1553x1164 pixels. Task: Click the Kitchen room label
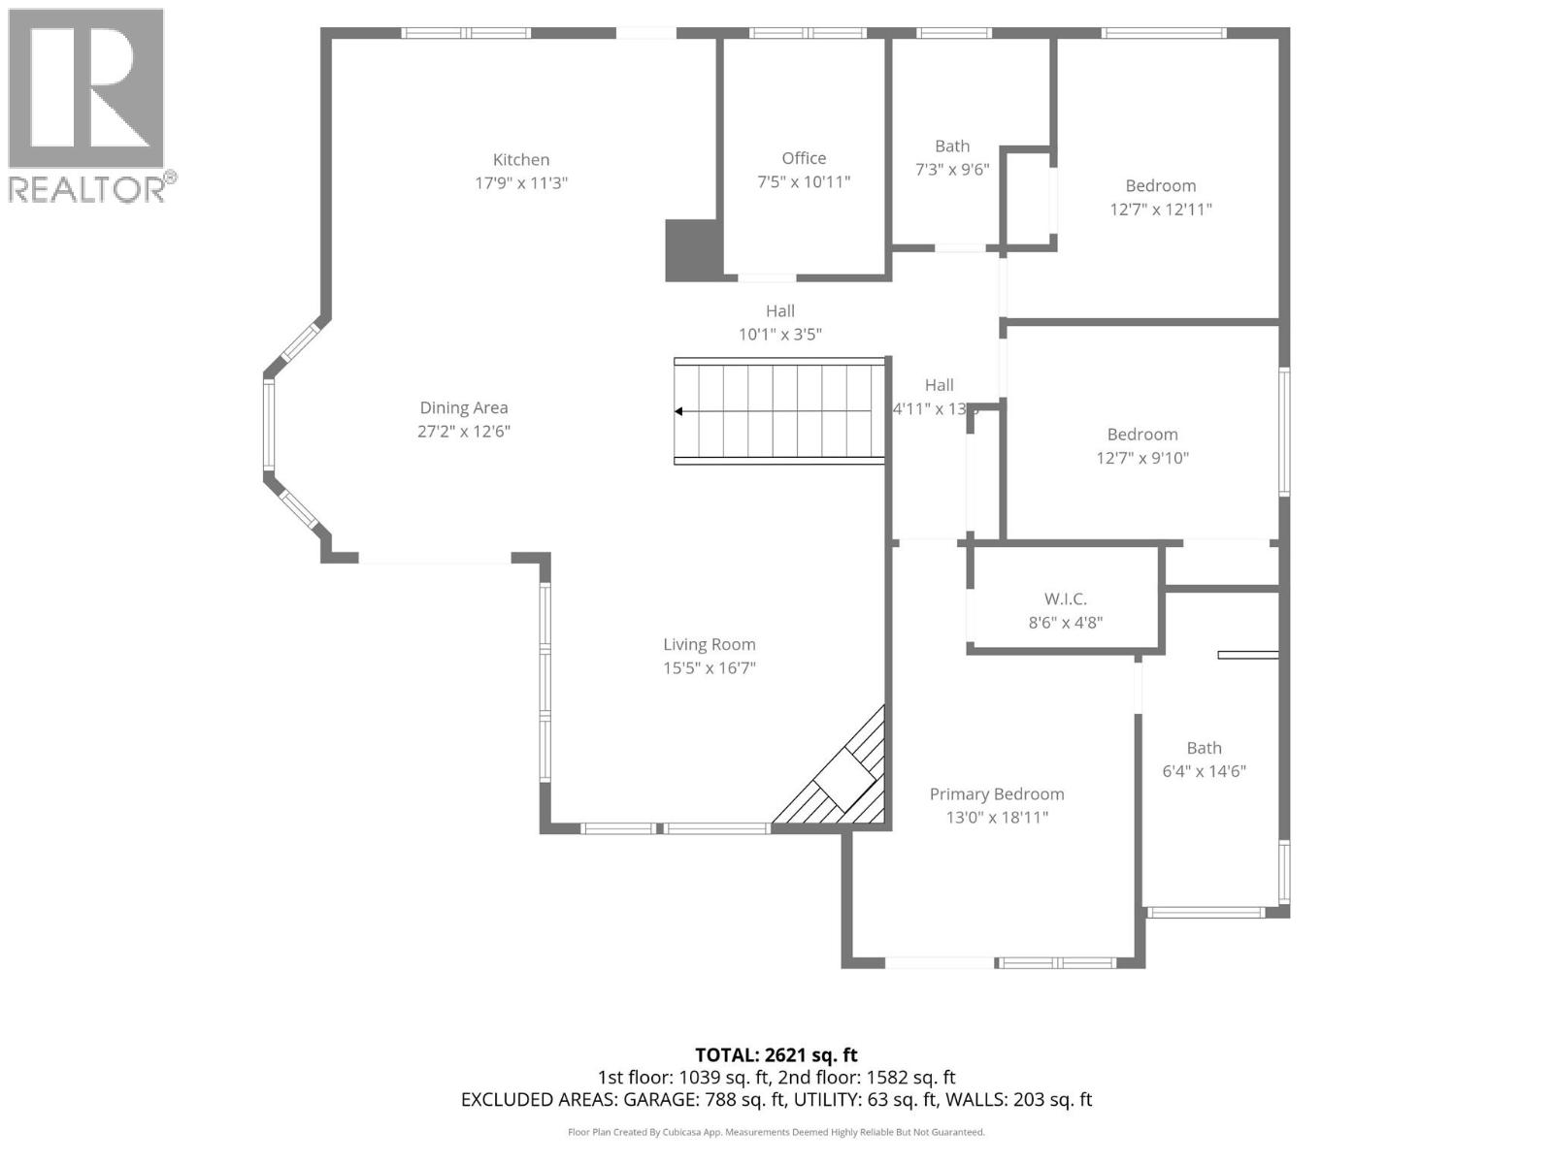tap(521, 160)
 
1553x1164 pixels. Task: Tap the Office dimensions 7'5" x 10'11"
tap(804, 181)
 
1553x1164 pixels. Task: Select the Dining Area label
tap(463, 408)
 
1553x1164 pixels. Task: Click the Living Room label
tap(709, 645)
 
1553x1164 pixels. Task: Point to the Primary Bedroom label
tap(997, 794)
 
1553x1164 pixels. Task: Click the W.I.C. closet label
tap(1065, 599)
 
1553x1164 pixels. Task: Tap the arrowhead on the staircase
tap(679, 411)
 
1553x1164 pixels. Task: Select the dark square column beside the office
tap(693, 250)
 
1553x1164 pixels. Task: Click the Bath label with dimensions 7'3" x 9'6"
tap(951, 146)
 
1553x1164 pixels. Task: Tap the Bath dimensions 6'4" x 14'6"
tap(1204, 772)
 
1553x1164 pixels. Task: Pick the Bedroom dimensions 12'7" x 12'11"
tap(1161, 210)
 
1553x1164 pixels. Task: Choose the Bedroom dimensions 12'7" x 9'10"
tap(1142, 459)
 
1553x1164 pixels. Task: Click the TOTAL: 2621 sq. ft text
tap(776, 1055)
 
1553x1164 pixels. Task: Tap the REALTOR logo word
tap(87, 189)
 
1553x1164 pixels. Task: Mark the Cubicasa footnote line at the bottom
tap(776, 1132)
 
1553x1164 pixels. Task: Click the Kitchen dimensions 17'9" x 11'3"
tap(521, 183)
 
